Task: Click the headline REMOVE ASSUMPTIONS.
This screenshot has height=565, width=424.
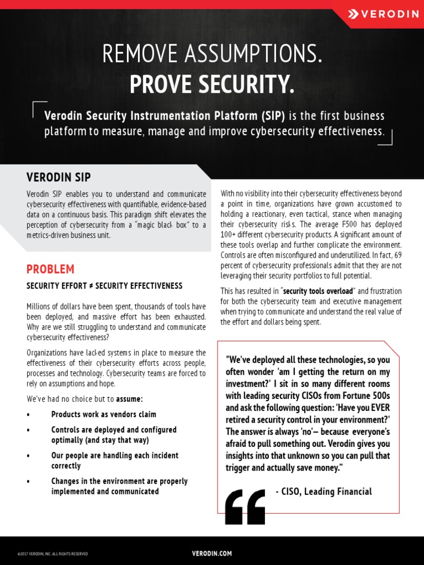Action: [x=212, y=54]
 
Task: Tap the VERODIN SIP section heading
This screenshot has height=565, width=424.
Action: [x=59, y=177]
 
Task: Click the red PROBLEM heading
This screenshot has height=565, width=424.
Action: [x=50, y=269]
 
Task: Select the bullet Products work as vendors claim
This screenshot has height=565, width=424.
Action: [x=104, y=414]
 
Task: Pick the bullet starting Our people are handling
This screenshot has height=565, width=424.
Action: [x=115, y=460]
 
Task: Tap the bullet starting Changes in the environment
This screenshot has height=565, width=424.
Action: [x=119, y=486]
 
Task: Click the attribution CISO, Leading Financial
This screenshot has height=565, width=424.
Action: [x=324, y=492]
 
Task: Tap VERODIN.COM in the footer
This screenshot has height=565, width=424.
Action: [x=212, y=553]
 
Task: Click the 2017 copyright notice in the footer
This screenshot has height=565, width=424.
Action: [x=52, y=553]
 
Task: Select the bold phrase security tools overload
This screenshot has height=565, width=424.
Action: [x=318, y=291]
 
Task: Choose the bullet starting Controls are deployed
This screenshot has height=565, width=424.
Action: [x=114, y=435]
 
